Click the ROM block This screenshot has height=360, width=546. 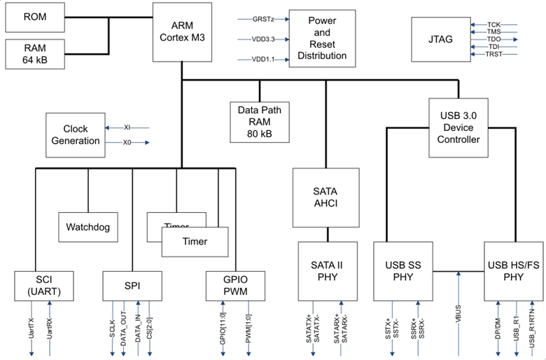tap(35, 17)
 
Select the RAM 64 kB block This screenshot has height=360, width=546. tap(35, 55)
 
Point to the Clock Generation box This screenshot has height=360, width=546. tap(75, 135)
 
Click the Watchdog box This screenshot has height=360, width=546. tap(87, 227)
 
